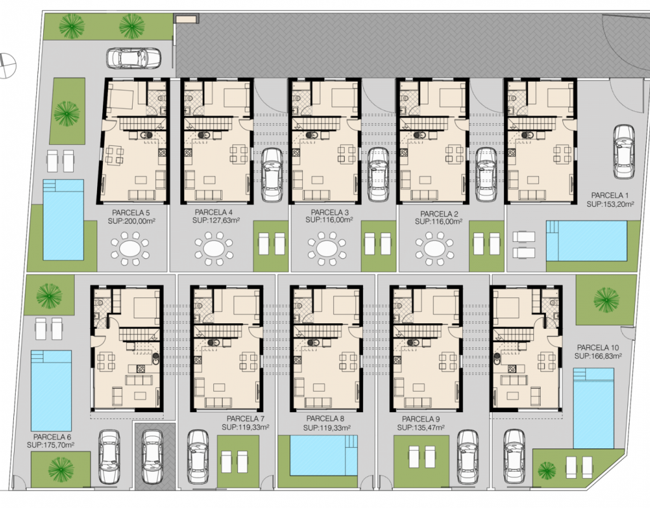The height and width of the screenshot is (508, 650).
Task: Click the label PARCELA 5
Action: (131, 213)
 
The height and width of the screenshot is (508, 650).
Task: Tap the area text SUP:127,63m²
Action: (216, 220)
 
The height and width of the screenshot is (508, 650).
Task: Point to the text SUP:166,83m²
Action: (598, 356)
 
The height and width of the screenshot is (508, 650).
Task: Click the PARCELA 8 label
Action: (325, 419)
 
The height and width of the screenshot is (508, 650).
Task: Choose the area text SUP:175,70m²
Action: (51, 445)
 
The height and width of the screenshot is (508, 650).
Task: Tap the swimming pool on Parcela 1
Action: (586, 241)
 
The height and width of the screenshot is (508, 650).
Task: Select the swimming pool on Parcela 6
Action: (51, 391)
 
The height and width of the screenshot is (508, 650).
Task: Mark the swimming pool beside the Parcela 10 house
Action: (594, 408)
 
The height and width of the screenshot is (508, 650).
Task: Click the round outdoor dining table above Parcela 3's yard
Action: (326, 249)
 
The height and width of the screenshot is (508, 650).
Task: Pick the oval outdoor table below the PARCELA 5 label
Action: (129, 249)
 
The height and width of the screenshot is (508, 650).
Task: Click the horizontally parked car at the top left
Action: (133, 58)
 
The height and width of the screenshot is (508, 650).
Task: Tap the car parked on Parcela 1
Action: (624, 152)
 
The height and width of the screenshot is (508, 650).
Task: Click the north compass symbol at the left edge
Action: (6, 65)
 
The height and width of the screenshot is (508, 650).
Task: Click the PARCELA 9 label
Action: (421, 419)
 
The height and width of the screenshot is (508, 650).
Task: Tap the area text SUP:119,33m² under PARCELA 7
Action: (246, 426)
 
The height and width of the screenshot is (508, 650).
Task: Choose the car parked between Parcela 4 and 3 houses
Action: (272, 175)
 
